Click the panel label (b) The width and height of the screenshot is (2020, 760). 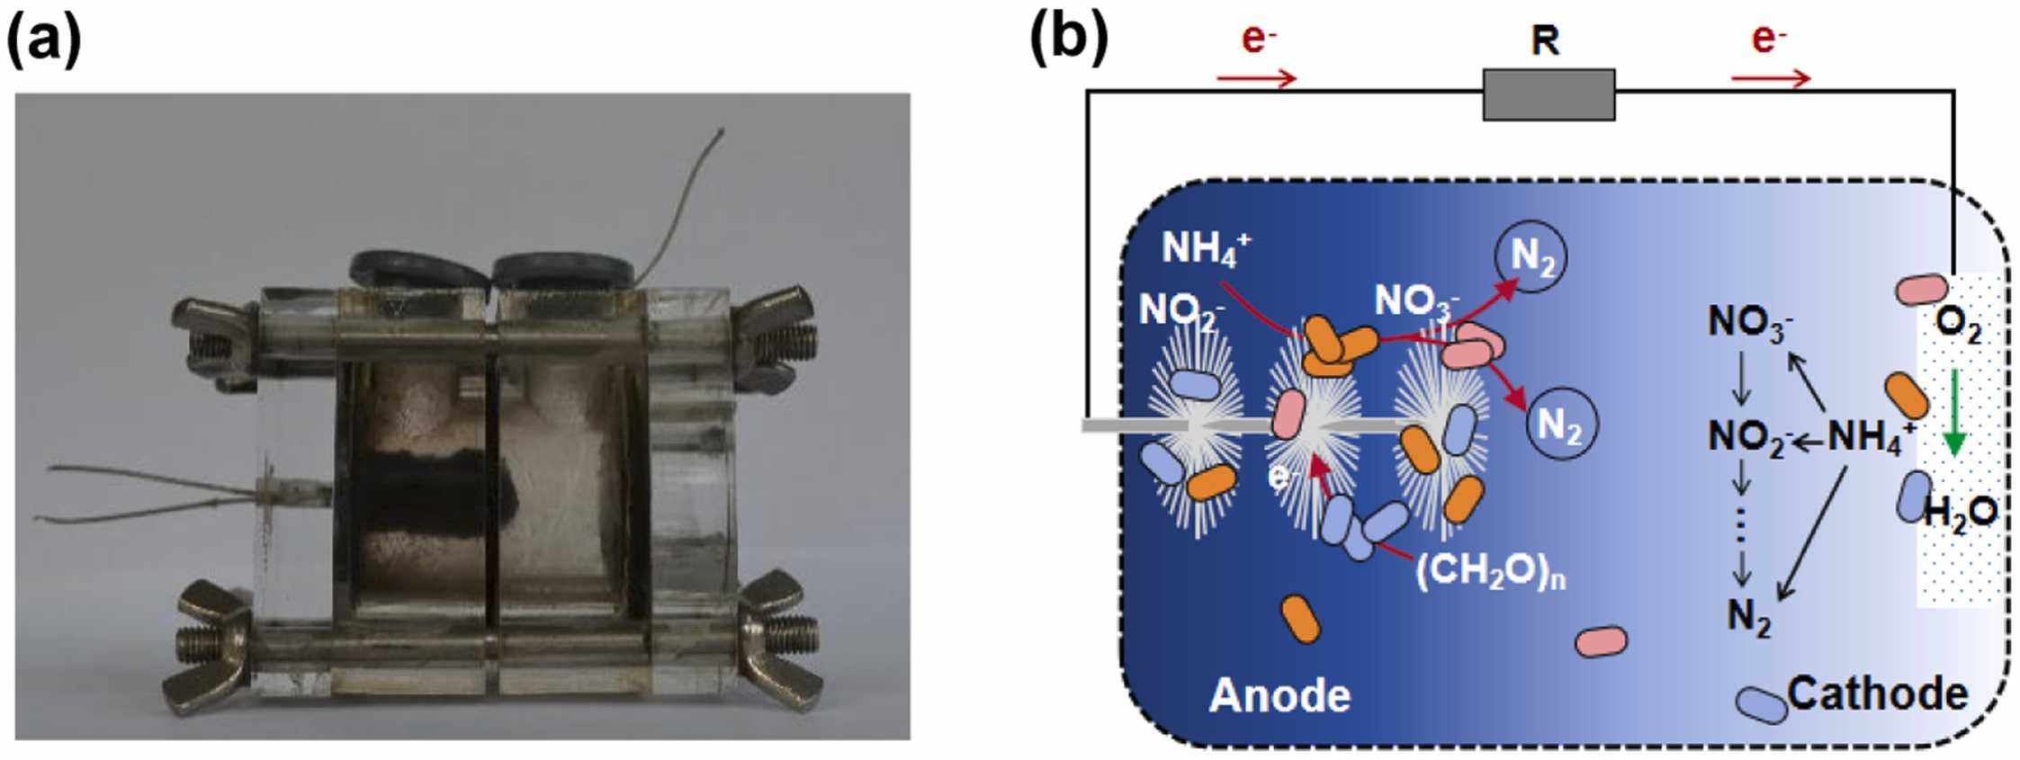(1069, 40)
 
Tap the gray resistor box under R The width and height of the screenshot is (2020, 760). (1549, 94)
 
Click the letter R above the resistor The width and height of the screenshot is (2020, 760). (1545, 40)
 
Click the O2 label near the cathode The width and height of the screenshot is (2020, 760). (1958, 326)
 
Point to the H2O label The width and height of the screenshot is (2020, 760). (1960, 514)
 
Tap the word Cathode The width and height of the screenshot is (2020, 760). (1877, 693)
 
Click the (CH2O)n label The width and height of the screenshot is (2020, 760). (1490, 571)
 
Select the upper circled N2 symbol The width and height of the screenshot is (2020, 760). (1531, 256)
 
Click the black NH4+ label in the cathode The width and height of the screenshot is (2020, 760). (1870, 436)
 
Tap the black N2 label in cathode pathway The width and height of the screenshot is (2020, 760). (1748, 617)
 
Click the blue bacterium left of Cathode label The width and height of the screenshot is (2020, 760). (1761, 704)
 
